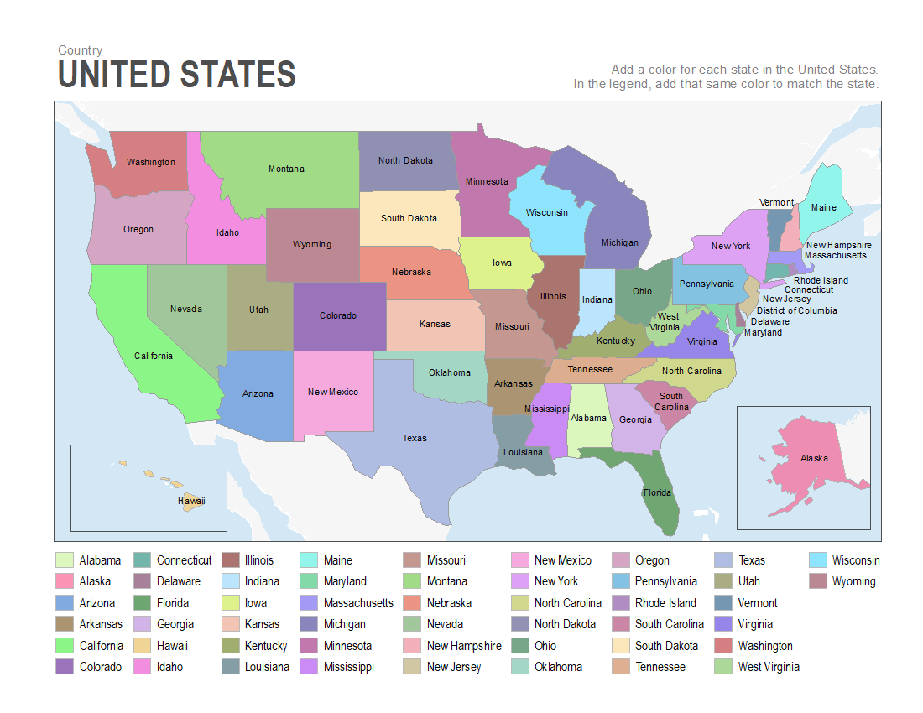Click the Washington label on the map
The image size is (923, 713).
point(151,162)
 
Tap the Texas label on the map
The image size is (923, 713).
point(415,438)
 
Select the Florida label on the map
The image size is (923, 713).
point(657,492)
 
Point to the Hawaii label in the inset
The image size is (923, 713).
point(191,501)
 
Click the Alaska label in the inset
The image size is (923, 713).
point(814,458)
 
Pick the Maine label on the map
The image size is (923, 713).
point(823,207)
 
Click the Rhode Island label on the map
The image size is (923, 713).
point(821,280)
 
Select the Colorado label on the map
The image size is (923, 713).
point(338,316)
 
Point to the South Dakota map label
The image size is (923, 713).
point(409,218)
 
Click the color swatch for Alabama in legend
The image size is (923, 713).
point(65,560)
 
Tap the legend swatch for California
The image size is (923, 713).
point(65,646)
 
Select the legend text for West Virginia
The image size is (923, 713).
point(769,667)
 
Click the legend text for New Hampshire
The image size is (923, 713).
point(464,646)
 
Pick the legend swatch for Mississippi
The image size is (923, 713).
point(309,667)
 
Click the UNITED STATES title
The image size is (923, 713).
point(176,75)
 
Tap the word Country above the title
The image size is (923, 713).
point(81,50)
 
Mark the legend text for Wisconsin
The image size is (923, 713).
point(856,560)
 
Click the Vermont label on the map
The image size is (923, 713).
point(776,202)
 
